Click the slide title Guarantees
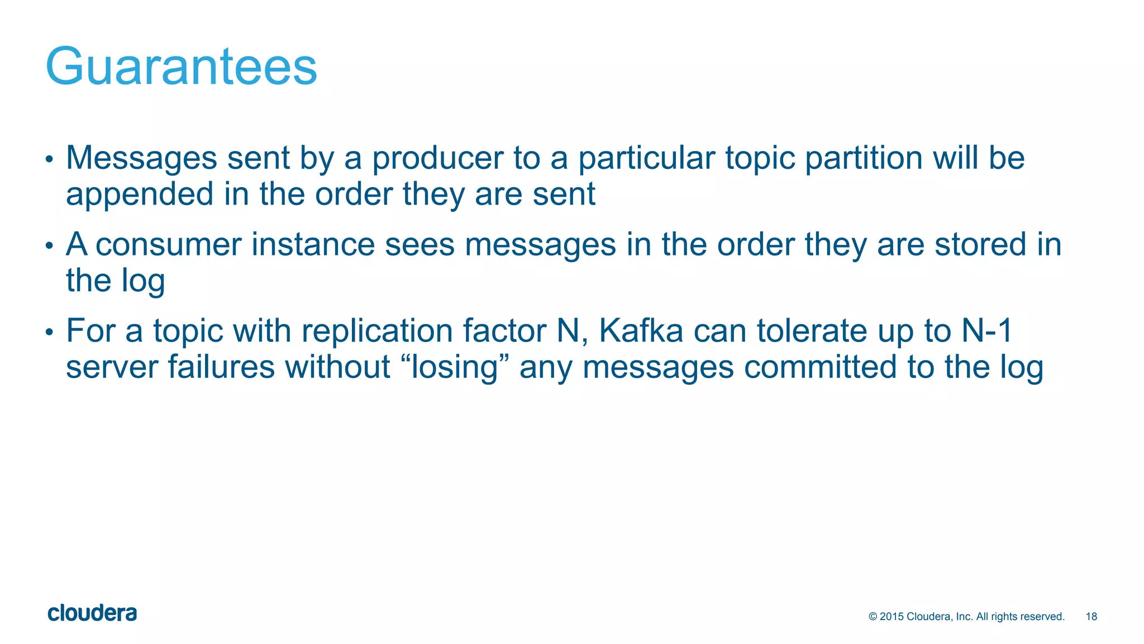(x=181, y=67)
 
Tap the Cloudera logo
(x=92, y=613)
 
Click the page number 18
(x=1091, y=617)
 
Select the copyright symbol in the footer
(x=873, y=617)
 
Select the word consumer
(x=168, y=245)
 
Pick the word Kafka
(x=641, y=331)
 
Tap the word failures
(x=221, y=367)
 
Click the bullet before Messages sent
(x=49, y=159)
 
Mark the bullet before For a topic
(x=49, y=333)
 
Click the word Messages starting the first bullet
(x=141, y=159)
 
